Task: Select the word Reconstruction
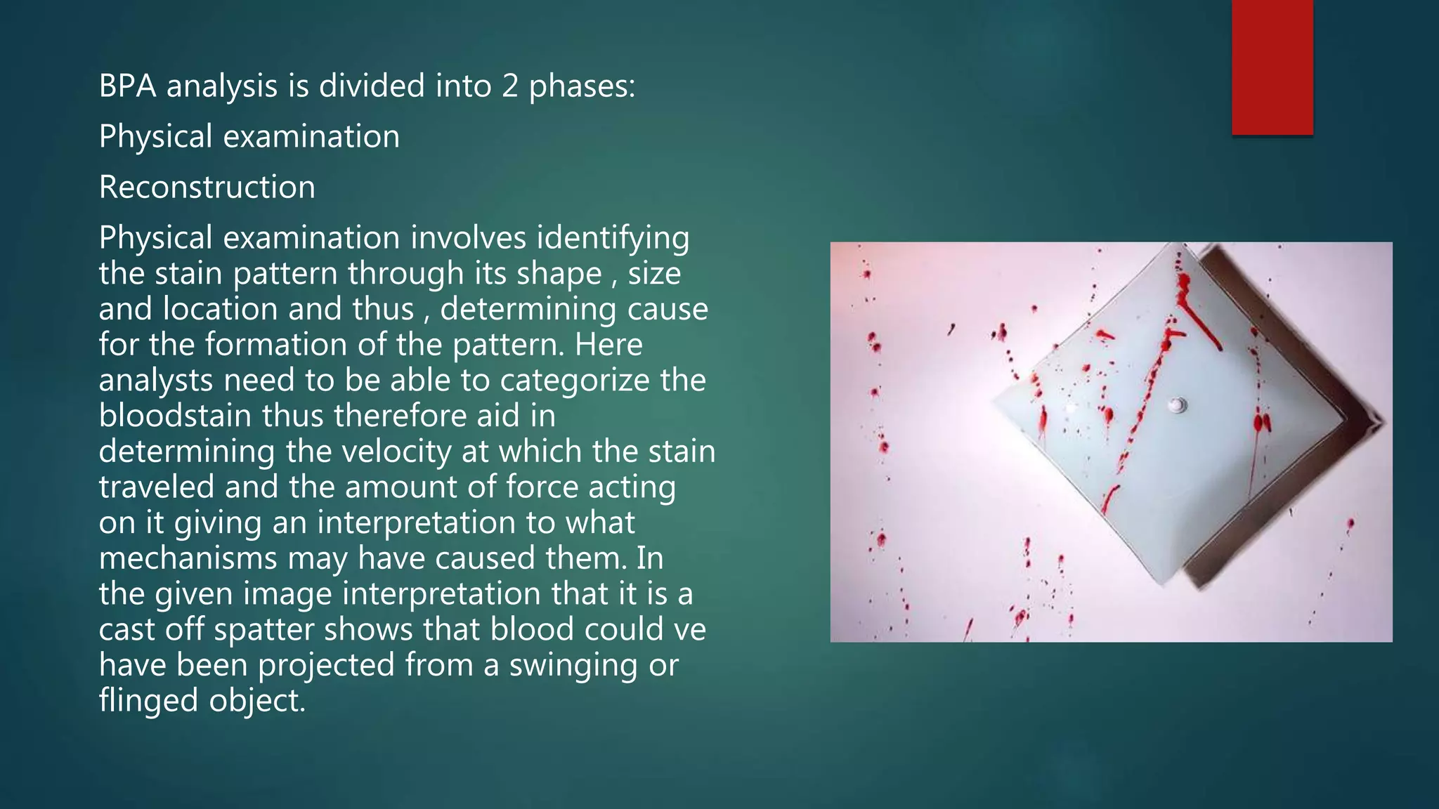coord(207,188)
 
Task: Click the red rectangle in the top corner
coord(1272,67)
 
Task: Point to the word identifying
coord(613,238)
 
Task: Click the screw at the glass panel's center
coord(1177,405)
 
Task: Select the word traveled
coord(156,487)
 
